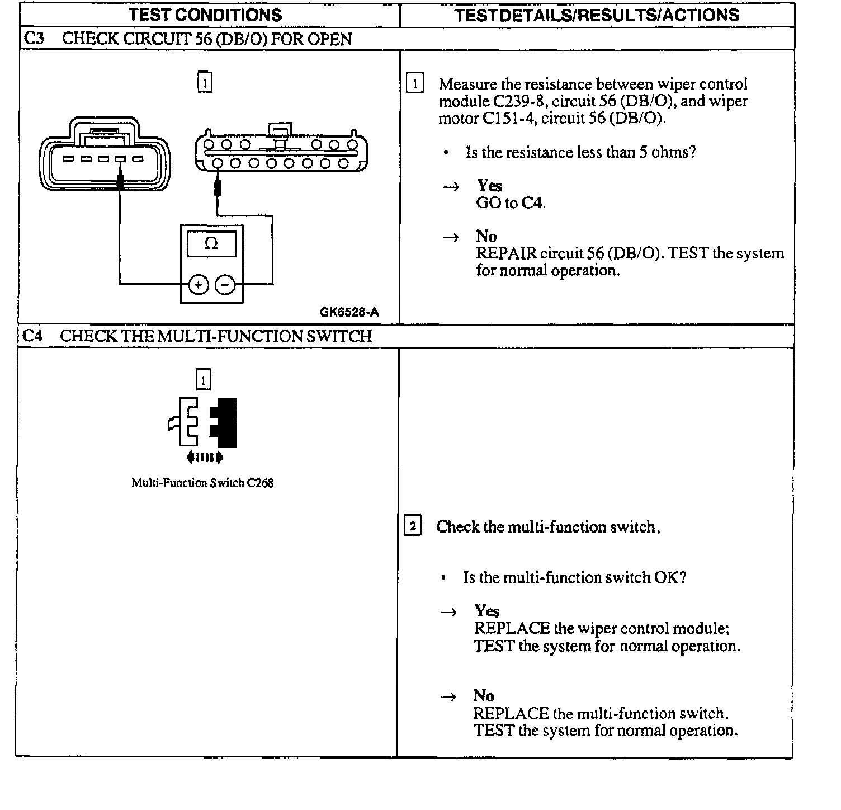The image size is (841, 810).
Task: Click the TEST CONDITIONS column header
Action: click(205, 15)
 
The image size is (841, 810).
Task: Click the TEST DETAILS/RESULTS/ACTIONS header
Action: click(597, 15)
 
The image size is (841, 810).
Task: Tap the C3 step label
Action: click(32, 39)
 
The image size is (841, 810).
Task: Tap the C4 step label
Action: click(32, 336)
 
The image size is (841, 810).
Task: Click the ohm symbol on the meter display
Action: click(211, 244)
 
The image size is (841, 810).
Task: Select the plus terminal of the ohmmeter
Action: click(198, 285)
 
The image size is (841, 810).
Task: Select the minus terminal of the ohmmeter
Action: click(225, 285)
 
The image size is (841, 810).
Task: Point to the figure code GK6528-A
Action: click(349, 312)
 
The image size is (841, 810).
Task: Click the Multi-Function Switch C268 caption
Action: click(202, 483)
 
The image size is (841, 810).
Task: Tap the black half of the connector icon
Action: click(225, 422)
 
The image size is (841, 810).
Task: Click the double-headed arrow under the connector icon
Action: click(205, 458)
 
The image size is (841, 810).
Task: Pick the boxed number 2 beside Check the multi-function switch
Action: click(413, 526)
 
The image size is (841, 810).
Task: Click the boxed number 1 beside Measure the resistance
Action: click(414, 84)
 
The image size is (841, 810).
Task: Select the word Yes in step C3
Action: click(489, 186)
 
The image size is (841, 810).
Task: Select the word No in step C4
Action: click(484, 695)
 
